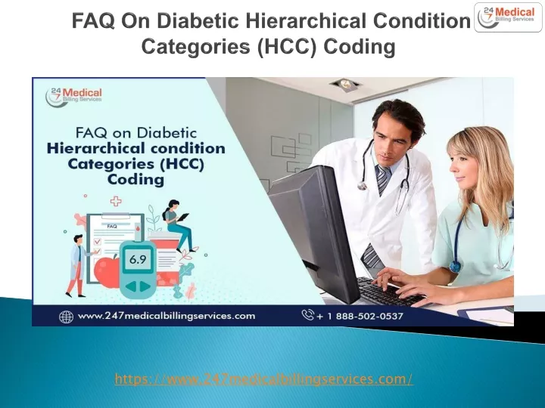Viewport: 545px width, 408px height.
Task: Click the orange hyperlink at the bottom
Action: pos(264,379)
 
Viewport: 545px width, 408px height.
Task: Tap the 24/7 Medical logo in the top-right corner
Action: pos(508,17)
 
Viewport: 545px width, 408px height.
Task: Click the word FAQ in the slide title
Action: pos(93,20)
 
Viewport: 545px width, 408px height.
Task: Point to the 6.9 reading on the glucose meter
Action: pos(138,259)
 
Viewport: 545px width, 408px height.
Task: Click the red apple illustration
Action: pos(107,271)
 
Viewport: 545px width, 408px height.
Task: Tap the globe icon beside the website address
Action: pos(66,317)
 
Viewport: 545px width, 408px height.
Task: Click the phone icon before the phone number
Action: pos(307,315)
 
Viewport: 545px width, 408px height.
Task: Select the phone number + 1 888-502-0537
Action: pos(360,316)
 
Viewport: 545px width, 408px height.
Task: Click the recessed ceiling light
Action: pos(346,83)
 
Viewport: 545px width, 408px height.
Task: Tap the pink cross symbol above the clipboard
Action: pos(116,201)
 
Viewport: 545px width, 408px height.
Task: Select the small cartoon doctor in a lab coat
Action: pos(77,266)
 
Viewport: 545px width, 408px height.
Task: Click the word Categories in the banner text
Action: pos(112,164)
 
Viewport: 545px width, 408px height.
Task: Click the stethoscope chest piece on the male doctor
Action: pos(362,186)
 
